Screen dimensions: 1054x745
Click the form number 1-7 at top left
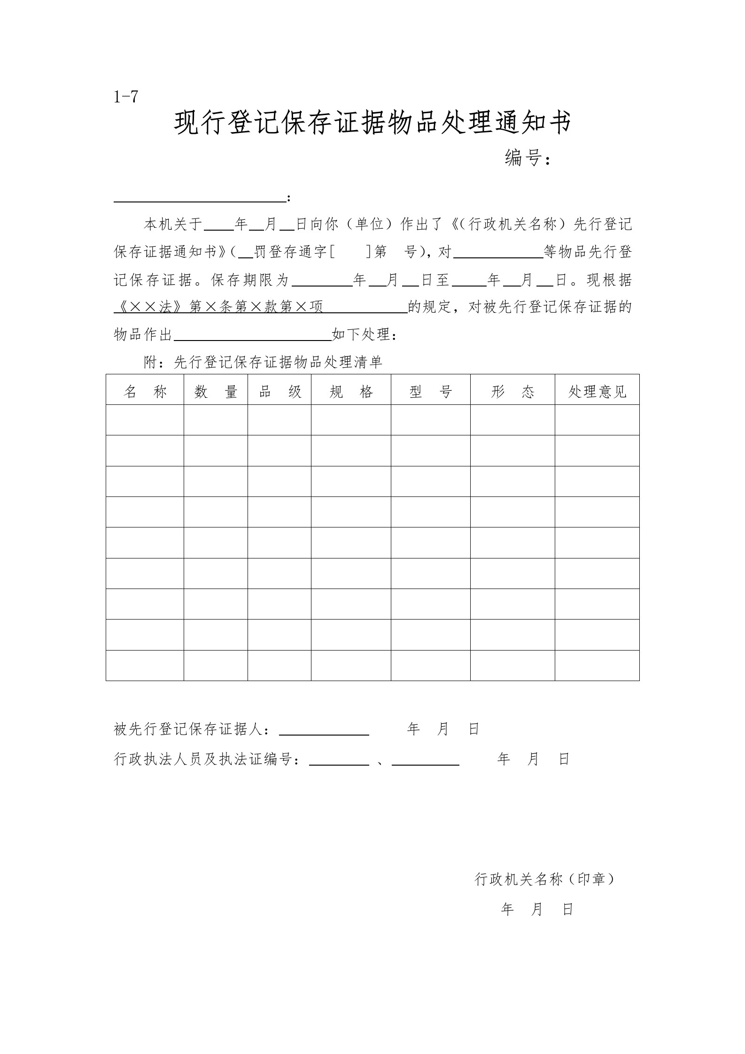tap(126, 97)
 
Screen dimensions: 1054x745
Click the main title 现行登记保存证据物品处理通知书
tap(372, 124)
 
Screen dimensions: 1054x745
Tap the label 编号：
tap(527, 158)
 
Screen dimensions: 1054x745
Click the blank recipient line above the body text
tap(200, 199)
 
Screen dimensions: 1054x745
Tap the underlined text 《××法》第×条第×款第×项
tap(219, 307)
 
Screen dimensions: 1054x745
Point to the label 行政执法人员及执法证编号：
tap(207, 759)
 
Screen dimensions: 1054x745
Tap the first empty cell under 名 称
tap(145, 420)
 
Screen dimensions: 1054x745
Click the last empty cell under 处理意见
tap(597, 665)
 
